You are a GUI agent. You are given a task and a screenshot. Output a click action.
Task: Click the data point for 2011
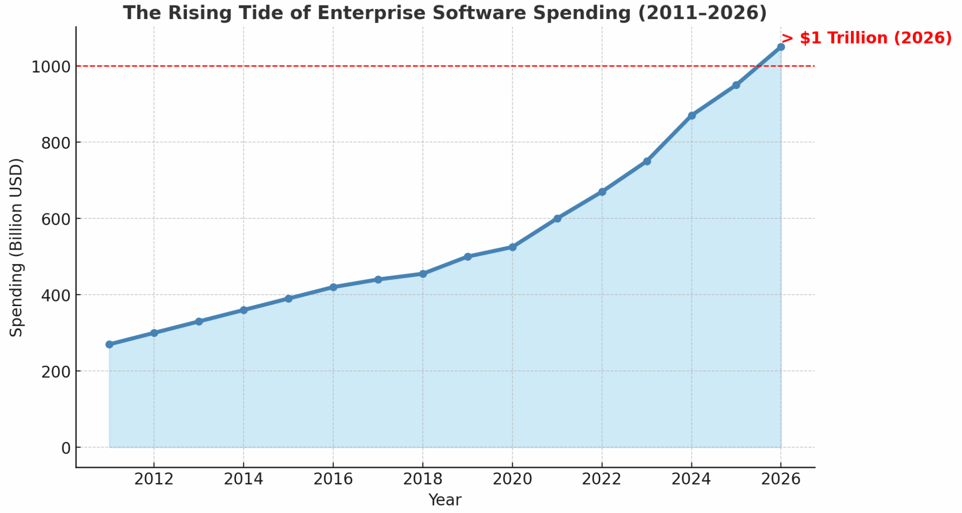tap(109, 345)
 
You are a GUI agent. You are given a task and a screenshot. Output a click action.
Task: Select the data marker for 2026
tap(781, 47)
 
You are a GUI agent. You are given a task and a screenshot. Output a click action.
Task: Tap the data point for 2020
tap(512, 247)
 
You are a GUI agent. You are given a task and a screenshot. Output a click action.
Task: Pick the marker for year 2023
tap(647, 161)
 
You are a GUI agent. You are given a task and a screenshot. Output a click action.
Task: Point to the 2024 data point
tap(691, 116)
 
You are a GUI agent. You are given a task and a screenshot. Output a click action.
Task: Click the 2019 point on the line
tap(467, 256)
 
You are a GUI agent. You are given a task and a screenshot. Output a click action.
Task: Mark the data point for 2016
tap(333, 287)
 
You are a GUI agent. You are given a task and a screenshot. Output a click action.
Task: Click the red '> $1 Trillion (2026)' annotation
tap(866, 38)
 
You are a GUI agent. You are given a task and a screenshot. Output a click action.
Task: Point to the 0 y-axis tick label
tap(66, 448)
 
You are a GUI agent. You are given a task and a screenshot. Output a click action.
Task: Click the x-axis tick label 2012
tap(154, 479)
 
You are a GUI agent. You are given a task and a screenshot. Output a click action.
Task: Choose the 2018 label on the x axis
tap(422, 479)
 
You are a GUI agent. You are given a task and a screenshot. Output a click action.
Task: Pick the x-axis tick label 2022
tap(601, 479)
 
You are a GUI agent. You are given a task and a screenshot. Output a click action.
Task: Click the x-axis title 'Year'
tap(444, 500)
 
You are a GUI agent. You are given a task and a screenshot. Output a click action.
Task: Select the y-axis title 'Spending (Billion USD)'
tap(17, 247)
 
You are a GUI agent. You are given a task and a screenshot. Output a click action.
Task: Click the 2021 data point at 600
tap(557, 218)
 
